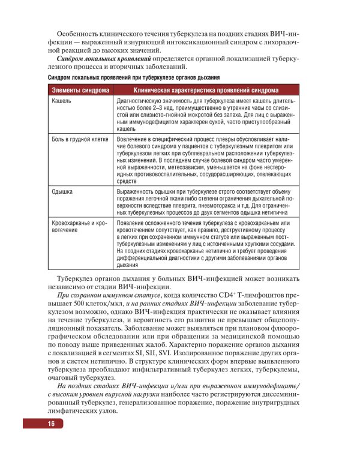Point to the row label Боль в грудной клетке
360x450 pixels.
[x=80, y=139]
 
